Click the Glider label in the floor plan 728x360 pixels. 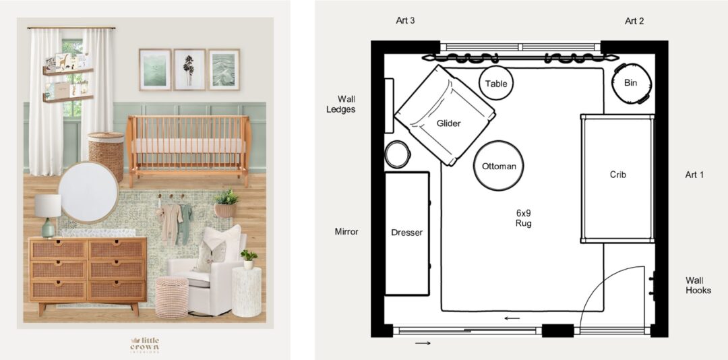coord(448,123)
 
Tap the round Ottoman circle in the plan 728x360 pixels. coord(499,166)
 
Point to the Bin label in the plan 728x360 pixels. coord(631,83)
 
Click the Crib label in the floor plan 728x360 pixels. coord(618,175)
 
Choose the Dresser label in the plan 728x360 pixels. coord(407,233)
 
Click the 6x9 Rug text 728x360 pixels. coord(523,218)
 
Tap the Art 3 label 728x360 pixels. coord(405,21)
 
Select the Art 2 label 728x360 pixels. coord(634,21)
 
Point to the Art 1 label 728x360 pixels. coord(694,175)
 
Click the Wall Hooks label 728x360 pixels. coord(698,285)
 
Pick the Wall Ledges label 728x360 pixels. coord(346,104)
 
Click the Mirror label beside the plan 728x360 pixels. coord(346,231)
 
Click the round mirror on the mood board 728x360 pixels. coord(88,192)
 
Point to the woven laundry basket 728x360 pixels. coord(107,156)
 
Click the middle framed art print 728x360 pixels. coord(189,69)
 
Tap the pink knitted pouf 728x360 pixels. coord(172,296)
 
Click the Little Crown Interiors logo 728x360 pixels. coord(146,344)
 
